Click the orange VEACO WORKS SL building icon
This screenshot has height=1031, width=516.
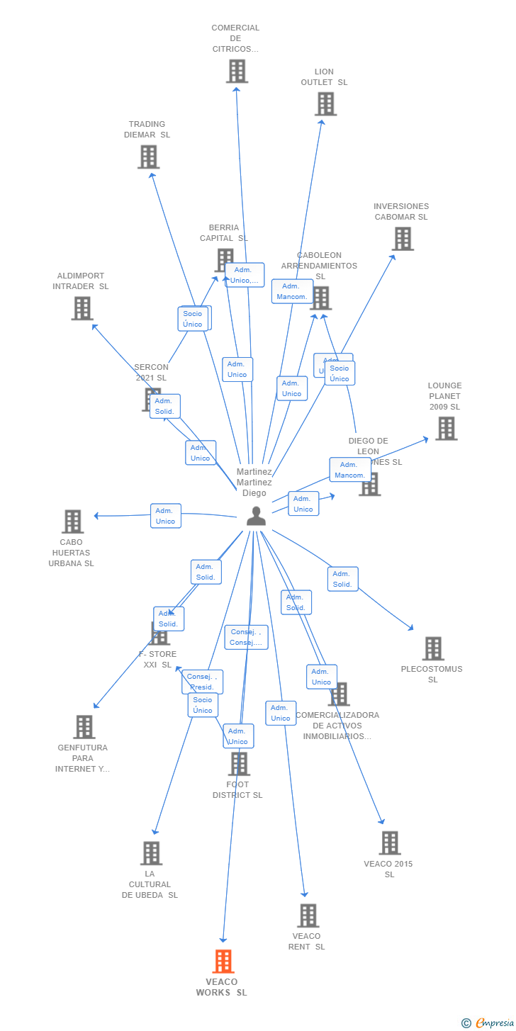[223, 962]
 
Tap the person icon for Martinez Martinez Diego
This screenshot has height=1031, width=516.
[256, 517]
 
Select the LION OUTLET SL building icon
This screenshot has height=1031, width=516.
[325, 104]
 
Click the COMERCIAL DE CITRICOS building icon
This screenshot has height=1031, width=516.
[237, 71]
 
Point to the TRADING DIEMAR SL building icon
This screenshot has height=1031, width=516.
[148, 157]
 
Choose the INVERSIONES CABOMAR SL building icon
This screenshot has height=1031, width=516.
[403, 239]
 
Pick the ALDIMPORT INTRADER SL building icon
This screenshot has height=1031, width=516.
[82, 308]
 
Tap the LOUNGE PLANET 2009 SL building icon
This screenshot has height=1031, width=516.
[446, 429]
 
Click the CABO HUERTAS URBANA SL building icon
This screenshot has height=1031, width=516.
[72, 522]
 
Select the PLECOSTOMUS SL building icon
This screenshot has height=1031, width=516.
[432, 648]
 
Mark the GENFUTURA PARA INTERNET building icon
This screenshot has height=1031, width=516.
[84, 727]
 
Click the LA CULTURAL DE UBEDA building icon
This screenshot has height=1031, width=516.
[151, 853]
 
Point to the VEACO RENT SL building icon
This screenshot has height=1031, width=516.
[308, 915]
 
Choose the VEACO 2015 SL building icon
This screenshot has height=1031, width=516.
[389, 843]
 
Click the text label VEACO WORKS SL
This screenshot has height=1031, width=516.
[222, 987]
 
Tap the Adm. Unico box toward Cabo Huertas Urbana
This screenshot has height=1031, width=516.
[165, 516]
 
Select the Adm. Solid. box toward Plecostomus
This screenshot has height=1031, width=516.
[342, 579]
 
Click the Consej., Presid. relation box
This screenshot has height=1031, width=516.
[202, 682]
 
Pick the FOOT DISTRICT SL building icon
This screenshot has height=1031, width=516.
[239, 764]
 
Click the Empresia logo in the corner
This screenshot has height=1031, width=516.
[488, 1022]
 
